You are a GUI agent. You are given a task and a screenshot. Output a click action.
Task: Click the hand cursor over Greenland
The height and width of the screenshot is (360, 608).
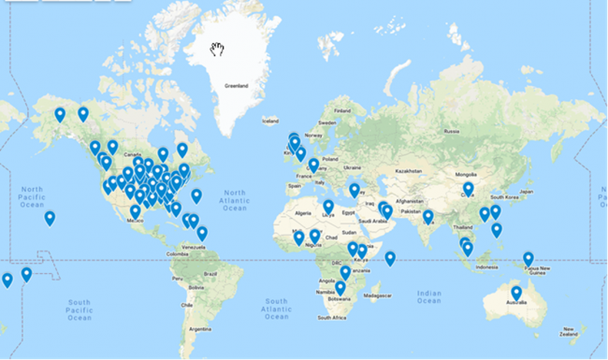[218, 50]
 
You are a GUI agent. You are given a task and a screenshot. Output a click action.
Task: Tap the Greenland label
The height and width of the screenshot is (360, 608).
[237, 87]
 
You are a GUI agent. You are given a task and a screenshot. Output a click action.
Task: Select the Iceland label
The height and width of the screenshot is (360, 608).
[270, 121]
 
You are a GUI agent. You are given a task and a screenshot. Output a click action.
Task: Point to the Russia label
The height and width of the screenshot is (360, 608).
[453, 131]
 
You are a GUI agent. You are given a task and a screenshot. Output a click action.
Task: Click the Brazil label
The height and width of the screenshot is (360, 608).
[210, 272]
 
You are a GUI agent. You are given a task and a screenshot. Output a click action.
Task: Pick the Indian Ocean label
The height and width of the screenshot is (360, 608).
[427, 296]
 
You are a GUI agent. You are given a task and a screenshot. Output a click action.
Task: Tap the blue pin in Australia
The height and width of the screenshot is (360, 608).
[516, 294]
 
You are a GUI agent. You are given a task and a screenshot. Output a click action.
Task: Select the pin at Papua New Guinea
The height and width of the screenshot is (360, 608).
[528, 259]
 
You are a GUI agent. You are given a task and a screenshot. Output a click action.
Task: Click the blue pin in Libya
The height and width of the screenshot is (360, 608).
[328, 207]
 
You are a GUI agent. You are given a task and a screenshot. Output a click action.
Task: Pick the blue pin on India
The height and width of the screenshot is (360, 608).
[427, 217]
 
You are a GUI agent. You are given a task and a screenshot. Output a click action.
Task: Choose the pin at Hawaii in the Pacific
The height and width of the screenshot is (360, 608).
[50, 218]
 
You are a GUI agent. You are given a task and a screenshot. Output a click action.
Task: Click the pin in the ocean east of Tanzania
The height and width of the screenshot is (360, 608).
[390, 258]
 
